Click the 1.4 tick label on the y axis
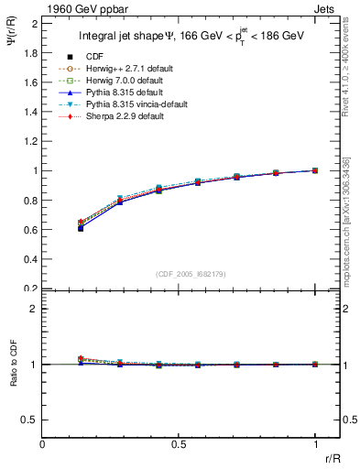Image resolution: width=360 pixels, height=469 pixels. pyautogui.click(x=31, y=112)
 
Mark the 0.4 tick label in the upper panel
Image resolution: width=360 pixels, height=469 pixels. pyautogui.click(x=31, y=259)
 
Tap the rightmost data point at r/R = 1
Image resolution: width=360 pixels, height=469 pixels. pyautogui.click(x=315, y=170)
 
